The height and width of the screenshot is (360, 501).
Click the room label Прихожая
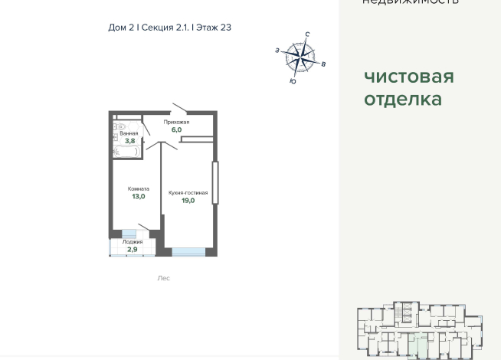[176, 123]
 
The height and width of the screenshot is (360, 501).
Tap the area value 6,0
[176, 130]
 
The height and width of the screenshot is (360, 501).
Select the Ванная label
[129, 133]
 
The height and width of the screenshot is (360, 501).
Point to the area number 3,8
[129, 141]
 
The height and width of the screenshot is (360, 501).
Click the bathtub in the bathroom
[126, 152]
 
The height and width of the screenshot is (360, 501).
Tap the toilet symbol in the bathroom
[119, 127]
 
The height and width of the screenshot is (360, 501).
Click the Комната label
[139, 188]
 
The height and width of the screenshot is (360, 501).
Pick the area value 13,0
[139, 197]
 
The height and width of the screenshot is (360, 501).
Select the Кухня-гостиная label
[188, 193]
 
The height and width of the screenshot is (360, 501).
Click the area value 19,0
[188, 201]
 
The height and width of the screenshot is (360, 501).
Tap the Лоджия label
[133, 242]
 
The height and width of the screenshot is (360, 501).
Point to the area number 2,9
[133, 250]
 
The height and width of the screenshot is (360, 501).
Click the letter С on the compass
[307, 34]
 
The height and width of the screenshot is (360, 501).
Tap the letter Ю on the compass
[293, 81]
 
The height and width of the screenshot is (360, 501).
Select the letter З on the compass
[277, 51]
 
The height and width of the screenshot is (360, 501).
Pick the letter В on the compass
[323, 64]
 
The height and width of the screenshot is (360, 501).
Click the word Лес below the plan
[163, 278]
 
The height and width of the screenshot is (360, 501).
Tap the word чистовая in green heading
[408, 77]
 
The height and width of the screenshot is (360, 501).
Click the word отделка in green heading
[403, 99]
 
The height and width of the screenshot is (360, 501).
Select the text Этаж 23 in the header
[214, 28]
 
